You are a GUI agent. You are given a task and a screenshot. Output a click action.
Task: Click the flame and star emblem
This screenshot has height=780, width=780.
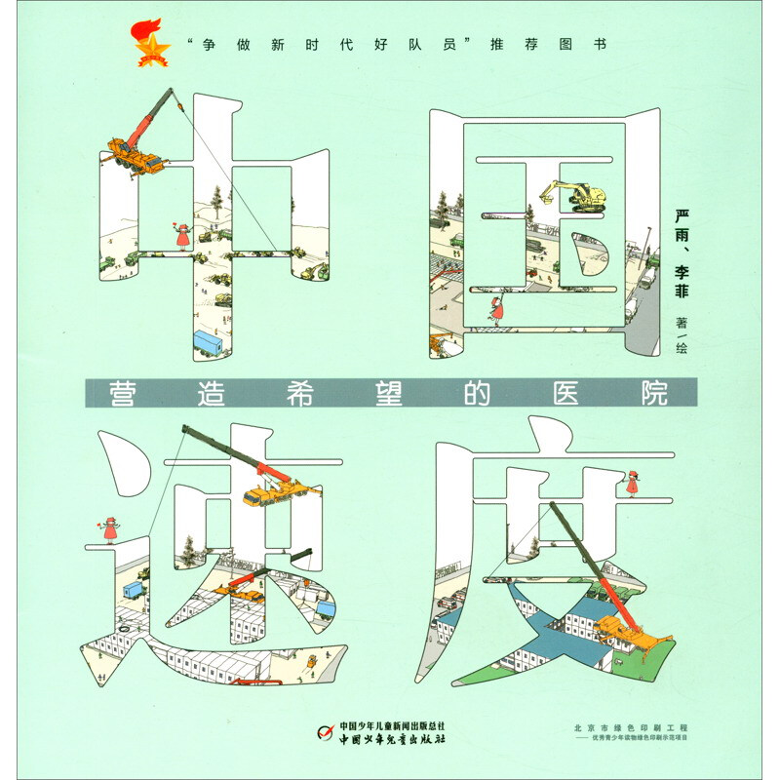point(151,43)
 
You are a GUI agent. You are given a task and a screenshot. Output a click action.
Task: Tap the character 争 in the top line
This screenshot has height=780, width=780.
point(209,45)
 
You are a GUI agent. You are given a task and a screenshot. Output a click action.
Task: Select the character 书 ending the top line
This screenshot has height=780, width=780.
point(600,44)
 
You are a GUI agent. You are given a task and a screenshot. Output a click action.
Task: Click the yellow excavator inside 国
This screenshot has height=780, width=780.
point(574,196)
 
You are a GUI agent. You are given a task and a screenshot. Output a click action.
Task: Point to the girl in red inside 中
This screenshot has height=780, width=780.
point(182,237)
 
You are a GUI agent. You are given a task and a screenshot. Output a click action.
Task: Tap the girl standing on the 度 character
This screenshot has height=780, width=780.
point(632,484)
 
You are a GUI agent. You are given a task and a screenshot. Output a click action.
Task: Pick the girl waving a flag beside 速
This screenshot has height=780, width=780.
point(108,530)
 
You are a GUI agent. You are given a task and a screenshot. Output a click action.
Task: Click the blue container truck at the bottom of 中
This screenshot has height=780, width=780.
point(208,343)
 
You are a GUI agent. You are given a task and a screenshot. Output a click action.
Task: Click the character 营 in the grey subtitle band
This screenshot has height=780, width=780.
point(123,394)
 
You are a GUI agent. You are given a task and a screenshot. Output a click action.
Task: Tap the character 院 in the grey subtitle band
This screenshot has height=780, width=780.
point(654,394)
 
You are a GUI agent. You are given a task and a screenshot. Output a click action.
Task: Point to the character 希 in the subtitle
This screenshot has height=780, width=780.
point(300,394)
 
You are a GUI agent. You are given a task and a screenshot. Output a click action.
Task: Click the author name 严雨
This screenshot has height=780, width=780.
point(682,225)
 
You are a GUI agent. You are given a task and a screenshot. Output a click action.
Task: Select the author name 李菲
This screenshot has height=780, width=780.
point(682,281)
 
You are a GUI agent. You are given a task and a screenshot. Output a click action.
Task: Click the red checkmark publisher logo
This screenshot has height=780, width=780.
point(326,732)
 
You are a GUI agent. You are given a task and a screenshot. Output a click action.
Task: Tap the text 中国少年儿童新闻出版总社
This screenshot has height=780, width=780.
point(392,726)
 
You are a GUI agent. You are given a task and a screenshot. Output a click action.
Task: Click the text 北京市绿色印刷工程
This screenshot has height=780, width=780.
point(631,727)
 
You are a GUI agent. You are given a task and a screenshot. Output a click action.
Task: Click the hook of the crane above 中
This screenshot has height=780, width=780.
point(180,105)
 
